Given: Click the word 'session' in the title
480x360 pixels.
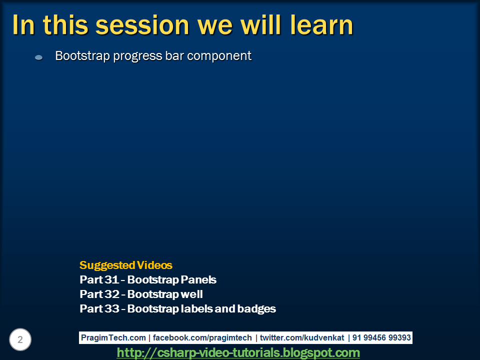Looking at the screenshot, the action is pyautogui.click(x=142, y=25).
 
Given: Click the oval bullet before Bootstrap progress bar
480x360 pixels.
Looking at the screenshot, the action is pyautogui.click(x=38, y=57).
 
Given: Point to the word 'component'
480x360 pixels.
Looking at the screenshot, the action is pyautogui.click(x=219, y=56).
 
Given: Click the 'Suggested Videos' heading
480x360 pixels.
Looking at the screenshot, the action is pyautogui.click(x=126, y=265).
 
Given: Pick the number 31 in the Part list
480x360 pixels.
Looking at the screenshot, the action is pyautogui.click(x=111, y=279).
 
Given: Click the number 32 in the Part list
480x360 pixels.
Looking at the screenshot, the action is pyautogui.click(x=111, y=294).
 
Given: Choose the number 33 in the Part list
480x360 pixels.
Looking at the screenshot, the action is pyautogui.click(x=111, y=308).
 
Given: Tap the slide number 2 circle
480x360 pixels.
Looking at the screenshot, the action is pyautogui.click(x=20, y=339).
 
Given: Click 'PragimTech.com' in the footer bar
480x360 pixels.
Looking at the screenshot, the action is pyautogui.click(x=113, y=337).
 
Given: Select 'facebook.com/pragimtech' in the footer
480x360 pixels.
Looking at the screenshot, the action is pyautogui.click(x=202, y=337).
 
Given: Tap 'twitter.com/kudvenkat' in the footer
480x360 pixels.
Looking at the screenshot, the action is pyautogui.click(x=302, y=337).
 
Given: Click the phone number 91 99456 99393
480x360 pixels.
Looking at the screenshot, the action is pyautogui.click(x=381, y=337).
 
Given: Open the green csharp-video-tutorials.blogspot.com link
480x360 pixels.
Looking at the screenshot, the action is pyautogui.click(x=238, y=352).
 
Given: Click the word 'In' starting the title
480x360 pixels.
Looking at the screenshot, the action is pyautogui.click(x=23, y=25).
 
